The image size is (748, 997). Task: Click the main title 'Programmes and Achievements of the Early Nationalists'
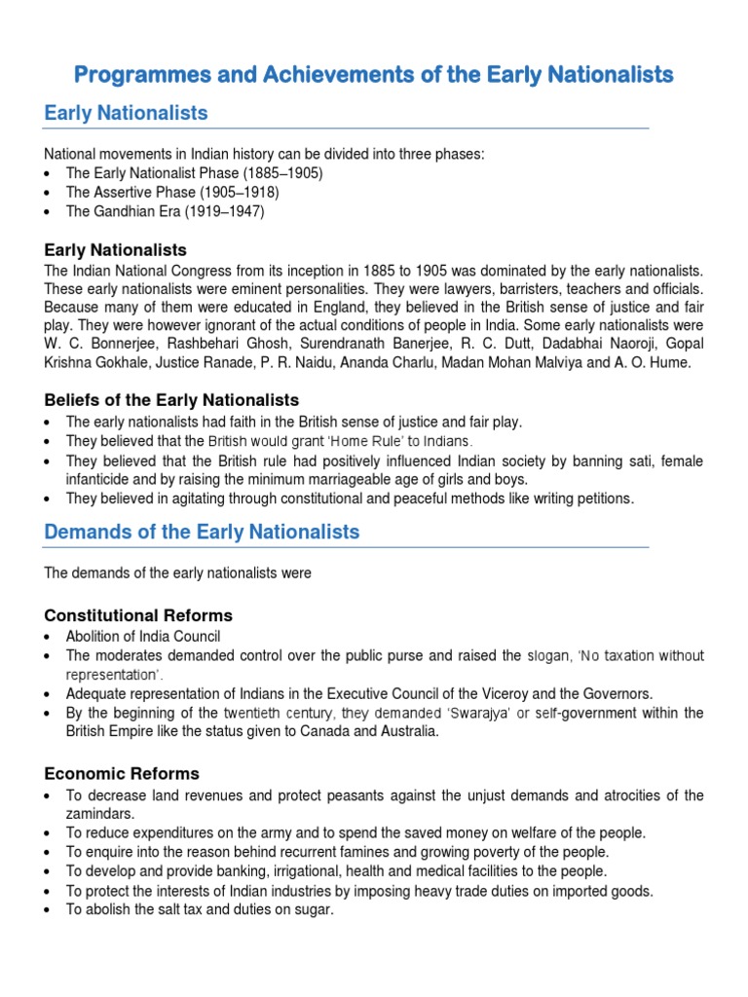click(374, 74)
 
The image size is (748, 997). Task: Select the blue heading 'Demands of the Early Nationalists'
click(202, 533)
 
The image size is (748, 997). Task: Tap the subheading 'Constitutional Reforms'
click(138, 615)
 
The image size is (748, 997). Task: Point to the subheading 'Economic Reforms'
click(122, 774)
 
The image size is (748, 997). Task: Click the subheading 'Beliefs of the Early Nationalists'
click(171, 400)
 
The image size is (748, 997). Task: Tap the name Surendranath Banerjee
click(359, 344)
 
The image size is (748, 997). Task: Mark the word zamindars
click(100, 813)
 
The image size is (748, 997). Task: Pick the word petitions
click(603, 498)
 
